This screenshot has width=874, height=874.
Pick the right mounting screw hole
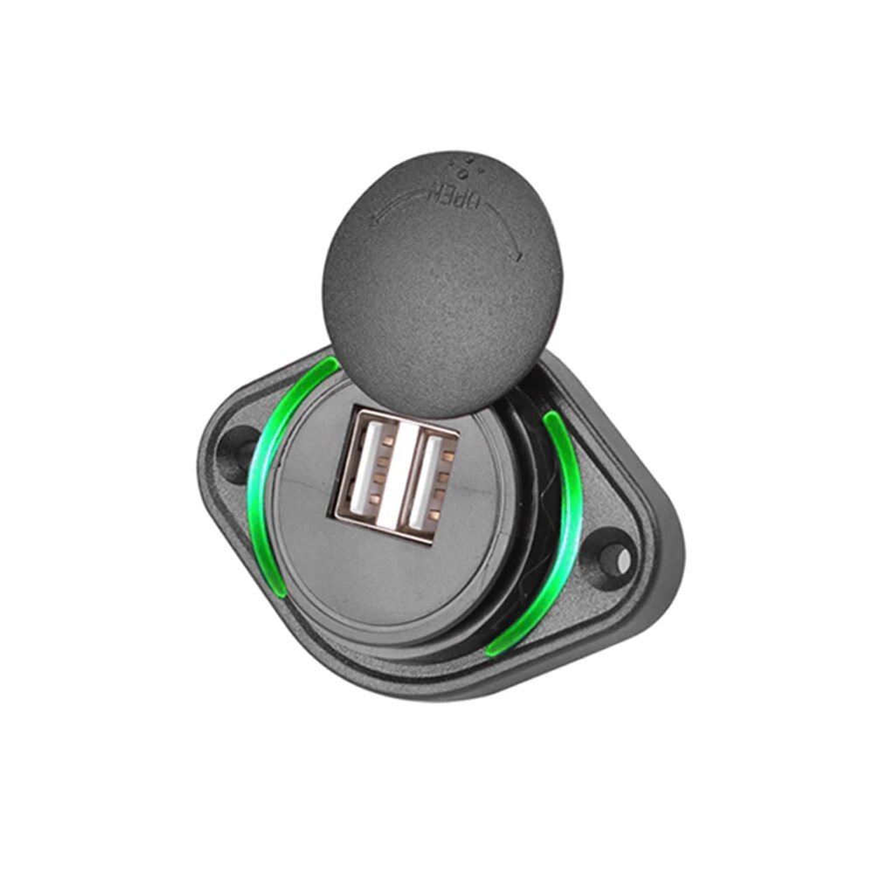click(x=618, y=550)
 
